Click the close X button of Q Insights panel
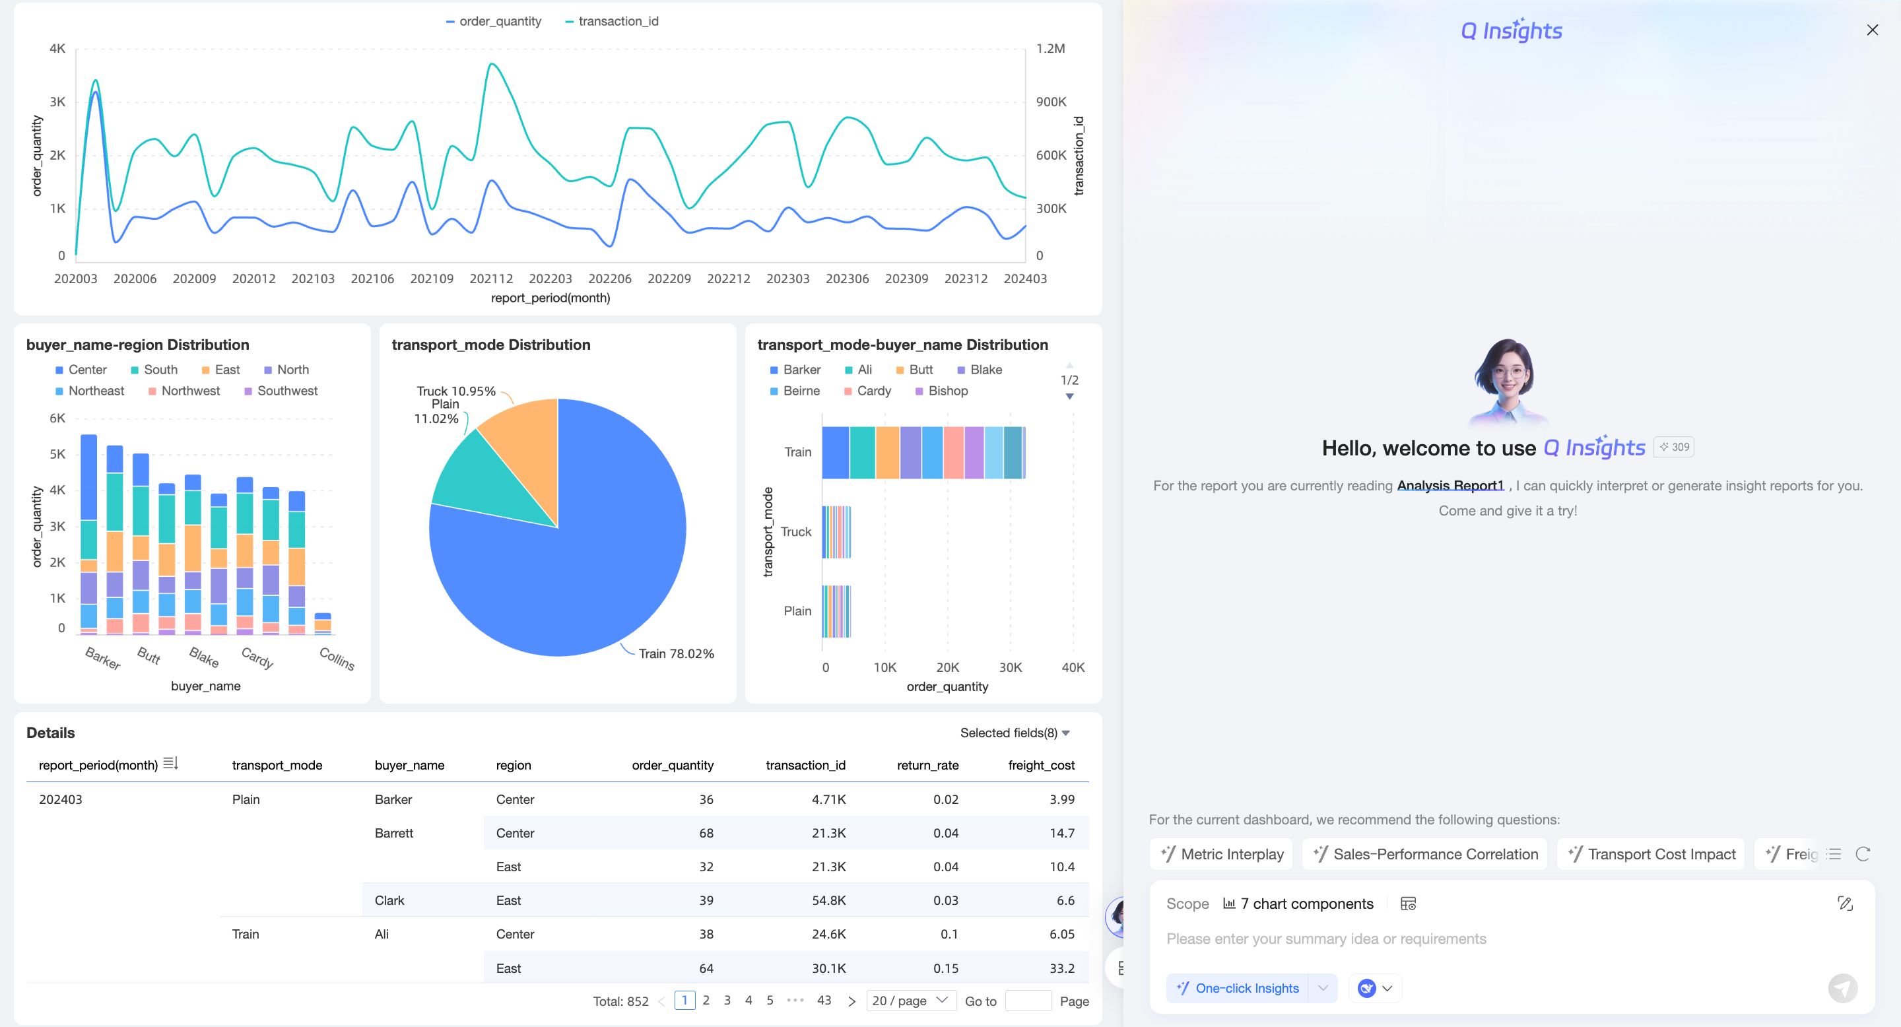point(1872,30)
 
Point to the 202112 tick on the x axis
point(490,279)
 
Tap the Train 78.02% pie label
point(676,653)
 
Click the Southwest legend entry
point(286,391)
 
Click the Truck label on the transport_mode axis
point(795,532)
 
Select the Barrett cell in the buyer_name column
point(394,833)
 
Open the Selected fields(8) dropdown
point(1014,733)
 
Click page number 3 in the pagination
point(727,1001)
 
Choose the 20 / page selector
point(908,1001)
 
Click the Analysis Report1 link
point(1450,486)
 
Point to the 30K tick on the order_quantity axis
point(1009,668)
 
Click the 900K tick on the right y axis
point(1051,102)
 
